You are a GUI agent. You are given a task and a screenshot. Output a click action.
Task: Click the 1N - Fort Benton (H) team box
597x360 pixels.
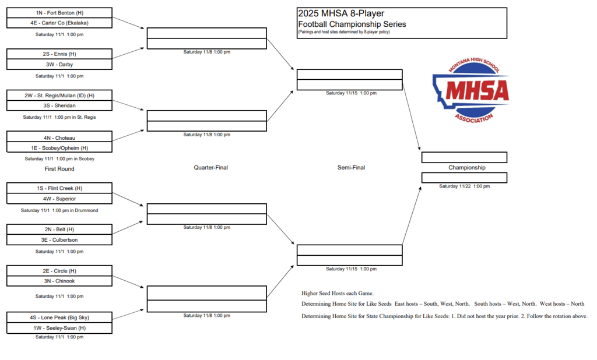(x=59, y=13)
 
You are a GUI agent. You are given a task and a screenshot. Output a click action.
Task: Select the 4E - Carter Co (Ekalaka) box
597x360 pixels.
(x=59, y=23)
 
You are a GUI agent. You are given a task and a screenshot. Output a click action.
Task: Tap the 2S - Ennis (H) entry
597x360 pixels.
(x=59, y=54)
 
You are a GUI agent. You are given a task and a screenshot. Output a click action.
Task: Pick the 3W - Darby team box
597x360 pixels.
(x=59, y=65)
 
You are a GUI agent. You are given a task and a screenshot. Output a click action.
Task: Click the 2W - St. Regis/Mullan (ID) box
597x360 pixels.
(x=59, y=96)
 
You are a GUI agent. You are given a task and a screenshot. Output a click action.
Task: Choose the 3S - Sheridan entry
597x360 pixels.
(x=59, y=106)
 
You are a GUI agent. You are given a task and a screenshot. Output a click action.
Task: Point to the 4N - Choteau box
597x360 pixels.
(x=59, y=137)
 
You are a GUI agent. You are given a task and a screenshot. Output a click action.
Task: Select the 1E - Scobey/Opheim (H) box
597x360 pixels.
(x=59, y=148)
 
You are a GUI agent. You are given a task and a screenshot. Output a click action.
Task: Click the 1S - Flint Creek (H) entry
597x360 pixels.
(x=59, y=188)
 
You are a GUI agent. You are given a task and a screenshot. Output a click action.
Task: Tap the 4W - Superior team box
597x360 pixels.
(x=59, y=199)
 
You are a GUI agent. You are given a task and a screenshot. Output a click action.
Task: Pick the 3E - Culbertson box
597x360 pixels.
(x=59, y=239)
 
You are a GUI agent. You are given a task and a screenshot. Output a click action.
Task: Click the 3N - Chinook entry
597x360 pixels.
(x=59, y=281)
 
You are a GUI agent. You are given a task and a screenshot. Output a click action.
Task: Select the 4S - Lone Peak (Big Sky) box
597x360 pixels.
(x=59, y=317)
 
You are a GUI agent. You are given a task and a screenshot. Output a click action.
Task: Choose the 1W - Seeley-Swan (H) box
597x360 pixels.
(x=59, y=328)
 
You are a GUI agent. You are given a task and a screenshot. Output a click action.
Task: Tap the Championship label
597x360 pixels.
(x=466, y=168)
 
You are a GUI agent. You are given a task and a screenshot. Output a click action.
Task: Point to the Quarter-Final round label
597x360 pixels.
(x=210, y=168)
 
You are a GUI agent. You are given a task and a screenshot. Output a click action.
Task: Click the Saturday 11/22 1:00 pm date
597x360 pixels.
(x=464, y=186)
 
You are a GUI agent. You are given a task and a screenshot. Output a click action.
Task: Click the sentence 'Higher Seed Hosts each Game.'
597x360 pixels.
(x=338, y=293)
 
